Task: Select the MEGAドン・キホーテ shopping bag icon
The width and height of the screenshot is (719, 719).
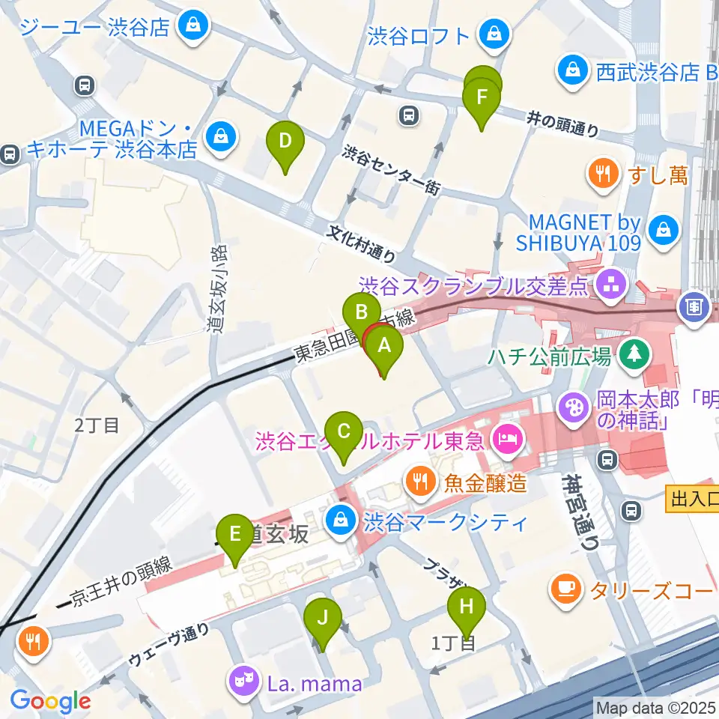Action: [221, 136]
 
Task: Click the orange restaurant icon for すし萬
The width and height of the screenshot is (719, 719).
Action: [603, 175]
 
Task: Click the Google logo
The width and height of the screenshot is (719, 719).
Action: [49, 702]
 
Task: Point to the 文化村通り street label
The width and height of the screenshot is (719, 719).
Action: [361, 244]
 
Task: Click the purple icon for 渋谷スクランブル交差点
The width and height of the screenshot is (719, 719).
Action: [608, 284]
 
